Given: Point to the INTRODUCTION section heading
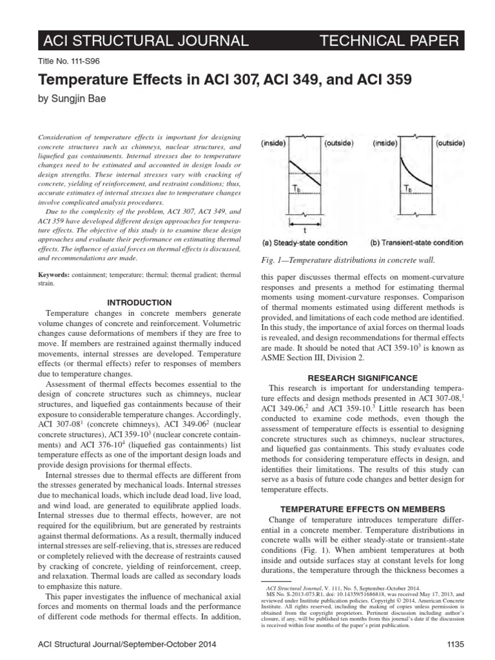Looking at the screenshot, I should click(139, 302).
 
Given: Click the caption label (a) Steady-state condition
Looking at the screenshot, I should click(305, 242).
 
